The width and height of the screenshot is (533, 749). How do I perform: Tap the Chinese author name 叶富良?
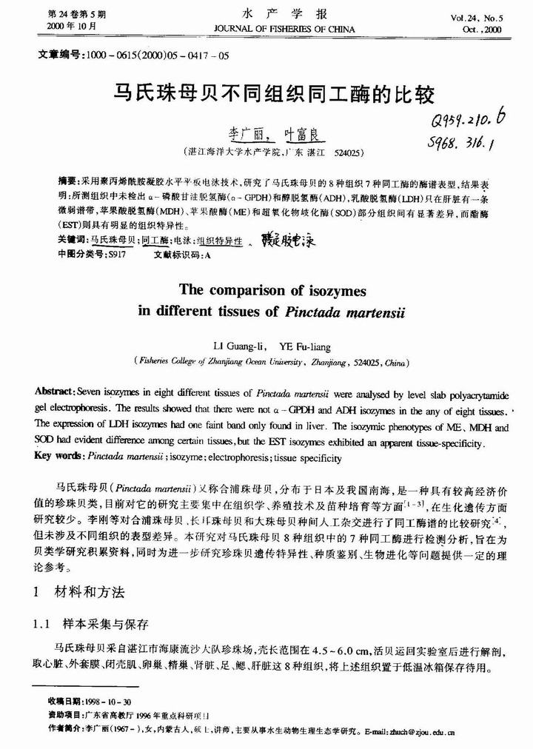[304, 135]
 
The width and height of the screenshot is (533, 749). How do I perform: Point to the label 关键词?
[72, 241]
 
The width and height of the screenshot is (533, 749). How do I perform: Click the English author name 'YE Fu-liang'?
[304, 346]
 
